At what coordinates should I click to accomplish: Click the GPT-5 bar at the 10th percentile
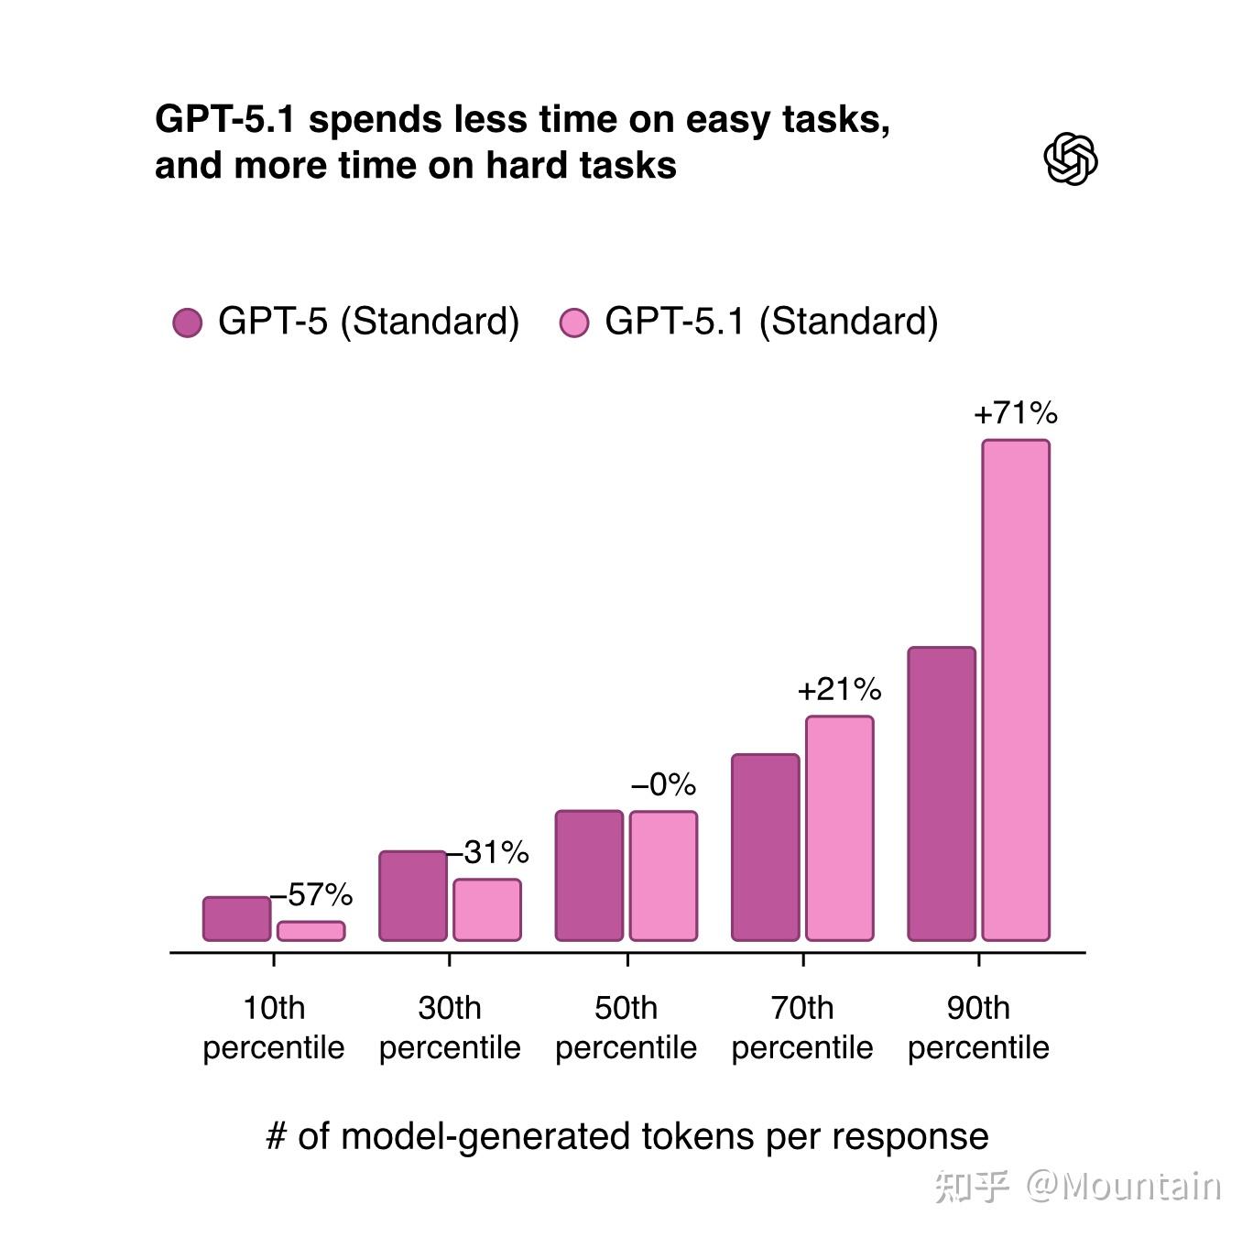tap(236, 918)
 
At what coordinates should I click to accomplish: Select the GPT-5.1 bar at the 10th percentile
tap(311, 931)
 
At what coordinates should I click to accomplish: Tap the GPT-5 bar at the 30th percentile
tap(412, 895)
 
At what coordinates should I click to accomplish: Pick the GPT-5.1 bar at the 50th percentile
tap(663, 875)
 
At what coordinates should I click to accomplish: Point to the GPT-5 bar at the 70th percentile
tap(765, 847)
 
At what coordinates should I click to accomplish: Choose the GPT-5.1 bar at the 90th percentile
tap(1016, 690)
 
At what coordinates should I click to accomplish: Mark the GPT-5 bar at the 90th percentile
tap(941, 794)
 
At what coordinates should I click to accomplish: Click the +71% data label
tap(1015, 413)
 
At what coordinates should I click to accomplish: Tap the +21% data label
tap(839, 689)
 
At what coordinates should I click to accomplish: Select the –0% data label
tap(663, 784)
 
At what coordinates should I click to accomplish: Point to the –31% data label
tap(488, 852)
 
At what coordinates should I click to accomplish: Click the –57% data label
tap(312, 894)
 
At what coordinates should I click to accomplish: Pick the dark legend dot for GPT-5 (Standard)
tap(188, 323)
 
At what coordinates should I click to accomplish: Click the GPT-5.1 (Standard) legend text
tap(771, 322)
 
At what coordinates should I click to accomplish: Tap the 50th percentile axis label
tap(626, 1027)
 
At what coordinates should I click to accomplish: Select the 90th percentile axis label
tap(978, 1027)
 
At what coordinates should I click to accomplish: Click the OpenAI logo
tap(1070, 159)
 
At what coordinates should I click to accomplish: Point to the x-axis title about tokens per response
tap(626, 1136)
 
